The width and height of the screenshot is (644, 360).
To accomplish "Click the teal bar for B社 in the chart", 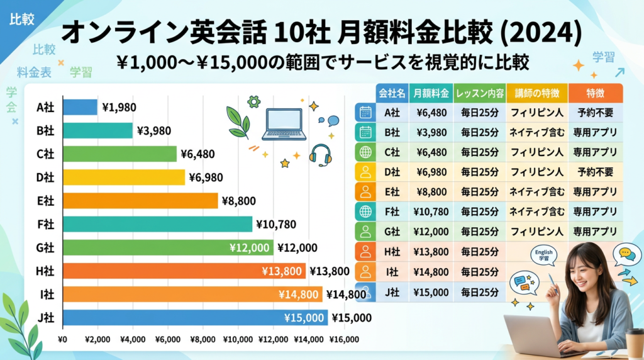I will click(x=97, y=130).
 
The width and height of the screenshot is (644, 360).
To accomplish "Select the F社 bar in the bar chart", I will click(x=157, y=224).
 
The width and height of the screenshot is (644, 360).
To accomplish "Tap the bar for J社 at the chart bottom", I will click(x=195, y=318).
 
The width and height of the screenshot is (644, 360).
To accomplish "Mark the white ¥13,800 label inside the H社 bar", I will click(x=282, y=271).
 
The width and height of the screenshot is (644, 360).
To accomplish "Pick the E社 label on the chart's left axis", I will click(x=45, y=201).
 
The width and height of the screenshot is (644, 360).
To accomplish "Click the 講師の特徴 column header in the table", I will click(x=536, y=93).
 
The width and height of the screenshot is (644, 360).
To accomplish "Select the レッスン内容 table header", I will click(x=479, y=93).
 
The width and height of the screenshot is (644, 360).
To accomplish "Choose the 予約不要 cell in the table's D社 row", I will click(x=595, y=172).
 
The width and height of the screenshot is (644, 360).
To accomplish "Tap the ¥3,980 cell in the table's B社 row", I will click(x=431, y=133).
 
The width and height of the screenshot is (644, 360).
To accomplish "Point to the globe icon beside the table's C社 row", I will click(x=365, y=152).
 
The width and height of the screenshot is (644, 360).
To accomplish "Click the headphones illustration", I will click(x=321, y=155).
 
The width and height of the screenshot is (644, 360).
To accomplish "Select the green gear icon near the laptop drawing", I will click(x=254, y=101).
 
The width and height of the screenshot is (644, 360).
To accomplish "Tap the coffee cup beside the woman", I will click(x=635, y=343).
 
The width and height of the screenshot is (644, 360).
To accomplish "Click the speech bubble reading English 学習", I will click(x=543, y=255).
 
